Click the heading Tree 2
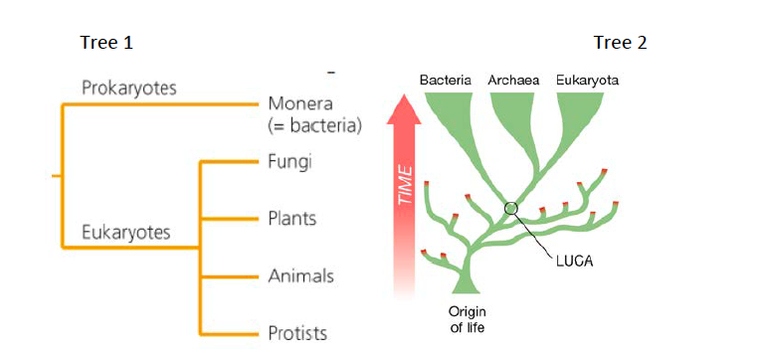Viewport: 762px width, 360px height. (621, 42)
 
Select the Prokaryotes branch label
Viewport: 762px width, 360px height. (128, 89)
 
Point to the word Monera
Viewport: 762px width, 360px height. (299, 104)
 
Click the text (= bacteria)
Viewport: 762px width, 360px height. (313, 125)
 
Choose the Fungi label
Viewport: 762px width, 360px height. (289, 161)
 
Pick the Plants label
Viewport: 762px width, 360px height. (292, 218)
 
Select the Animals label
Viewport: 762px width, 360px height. (300, 275)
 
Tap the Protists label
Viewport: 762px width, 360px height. (297, 332)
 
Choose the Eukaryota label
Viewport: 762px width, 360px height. (587, 80)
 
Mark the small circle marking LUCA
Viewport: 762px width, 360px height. (511, 208)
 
